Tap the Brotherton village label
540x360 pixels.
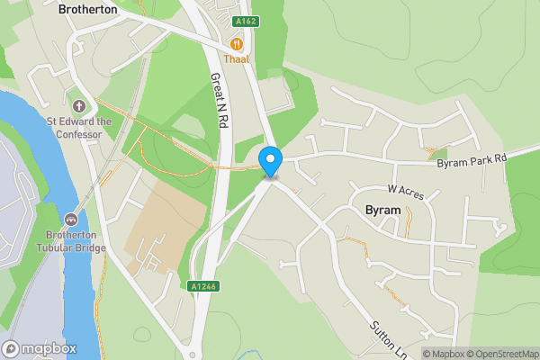(x=87, y=9)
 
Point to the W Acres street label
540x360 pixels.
(x=405, y=190)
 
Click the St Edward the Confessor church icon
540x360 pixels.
(x=78, y=106)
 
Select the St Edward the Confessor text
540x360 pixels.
(x=79, y=128)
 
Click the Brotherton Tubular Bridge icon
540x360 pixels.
(x=72, y=219)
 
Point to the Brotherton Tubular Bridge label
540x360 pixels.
(x=72, y=242)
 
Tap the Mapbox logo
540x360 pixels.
(x=40, y=348)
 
